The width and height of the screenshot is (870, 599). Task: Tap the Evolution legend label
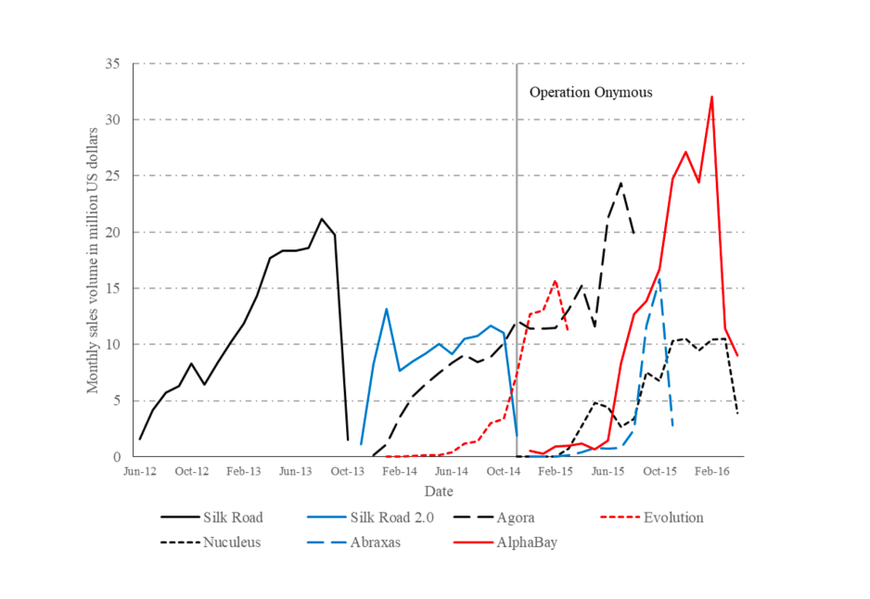(x=673, y=517)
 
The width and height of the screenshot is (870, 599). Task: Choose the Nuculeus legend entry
(x=232, y=542)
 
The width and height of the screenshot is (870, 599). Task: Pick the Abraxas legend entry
(x=377, y=542)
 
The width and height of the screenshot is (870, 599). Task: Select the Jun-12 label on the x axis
(x=140, y=471)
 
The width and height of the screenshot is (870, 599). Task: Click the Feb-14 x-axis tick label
(x=400, y=471)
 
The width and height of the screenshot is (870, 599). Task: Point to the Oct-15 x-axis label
(x=659, y=471)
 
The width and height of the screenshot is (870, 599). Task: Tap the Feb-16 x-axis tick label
(x=711, y=471)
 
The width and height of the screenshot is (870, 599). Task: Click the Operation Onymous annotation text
(x=591, y=93)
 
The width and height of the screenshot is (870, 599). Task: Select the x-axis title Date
(x=439, y=490)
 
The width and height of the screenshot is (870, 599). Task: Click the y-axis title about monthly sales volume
(x=93, y=260)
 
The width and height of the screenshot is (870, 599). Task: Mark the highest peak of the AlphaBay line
(x=711, y=96)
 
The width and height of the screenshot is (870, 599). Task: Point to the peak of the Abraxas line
(x=659, y=277)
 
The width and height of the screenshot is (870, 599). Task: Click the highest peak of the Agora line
(x=621, y=183)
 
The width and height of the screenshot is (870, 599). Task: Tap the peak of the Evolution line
(x=556, y=281)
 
